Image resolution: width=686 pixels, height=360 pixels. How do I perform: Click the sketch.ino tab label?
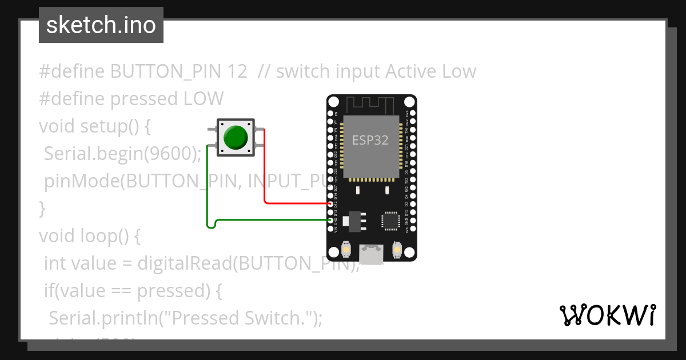click(101, 26)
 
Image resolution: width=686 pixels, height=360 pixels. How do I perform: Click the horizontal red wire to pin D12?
click(297, 203)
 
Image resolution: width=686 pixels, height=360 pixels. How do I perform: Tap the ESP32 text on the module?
click(370, 140)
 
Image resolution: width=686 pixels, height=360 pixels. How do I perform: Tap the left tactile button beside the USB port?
click(346, 250)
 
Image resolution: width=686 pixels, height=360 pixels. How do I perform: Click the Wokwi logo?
click(607, 315)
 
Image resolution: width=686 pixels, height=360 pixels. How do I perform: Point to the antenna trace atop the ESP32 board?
click(372, 105)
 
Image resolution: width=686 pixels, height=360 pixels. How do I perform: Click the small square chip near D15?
click(392, 221)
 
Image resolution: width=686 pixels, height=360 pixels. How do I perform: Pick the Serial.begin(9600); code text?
click(123, 154)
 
